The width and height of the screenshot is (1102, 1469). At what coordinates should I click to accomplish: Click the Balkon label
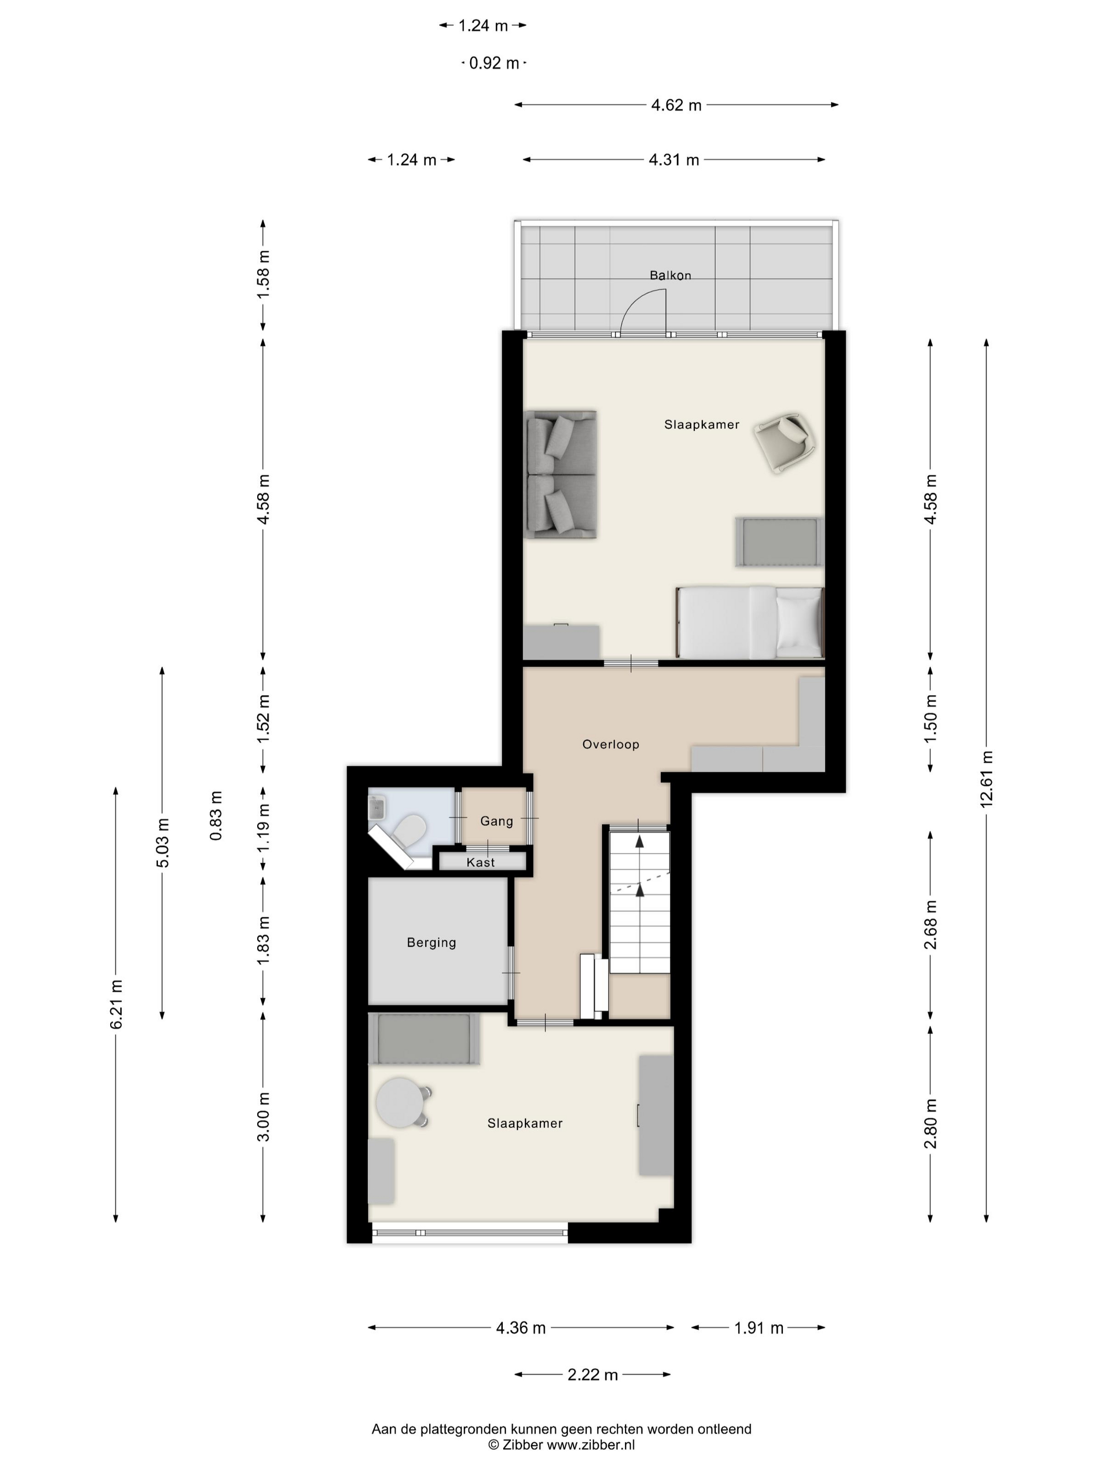tap(670, 275)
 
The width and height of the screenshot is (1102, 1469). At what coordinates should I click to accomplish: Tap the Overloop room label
tap(610, 744)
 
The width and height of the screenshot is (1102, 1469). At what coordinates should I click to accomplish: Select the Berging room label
tap(431, 942)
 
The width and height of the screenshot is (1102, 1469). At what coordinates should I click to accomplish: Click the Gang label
tap(496, 822)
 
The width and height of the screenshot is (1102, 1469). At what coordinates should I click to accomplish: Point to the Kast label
tap(480, 863)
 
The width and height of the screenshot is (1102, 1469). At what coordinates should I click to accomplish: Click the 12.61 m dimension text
tap(987, 779)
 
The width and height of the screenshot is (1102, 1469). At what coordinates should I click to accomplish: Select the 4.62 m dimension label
tap(676, 105)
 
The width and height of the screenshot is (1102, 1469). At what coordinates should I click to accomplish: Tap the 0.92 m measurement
tap(494, 63)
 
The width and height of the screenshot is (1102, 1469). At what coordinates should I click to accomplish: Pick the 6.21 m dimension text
tap(116, 1004)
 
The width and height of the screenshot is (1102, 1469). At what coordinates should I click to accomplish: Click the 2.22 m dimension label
tap(592, 1375)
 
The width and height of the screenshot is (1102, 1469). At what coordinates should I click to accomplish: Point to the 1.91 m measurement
tap(759, 1327)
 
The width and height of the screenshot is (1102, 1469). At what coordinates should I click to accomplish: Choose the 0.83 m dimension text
tap(216, 815)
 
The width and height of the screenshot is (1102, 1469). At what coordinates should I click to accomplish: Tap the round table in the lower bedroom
tap(398, 1102)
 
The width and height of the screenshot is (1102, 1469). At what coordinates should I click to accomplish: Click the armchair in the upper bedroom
tap(785, 442)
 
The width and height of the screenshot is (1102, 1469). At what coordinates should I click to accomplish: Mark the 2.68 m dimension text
tap(930, 924)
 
